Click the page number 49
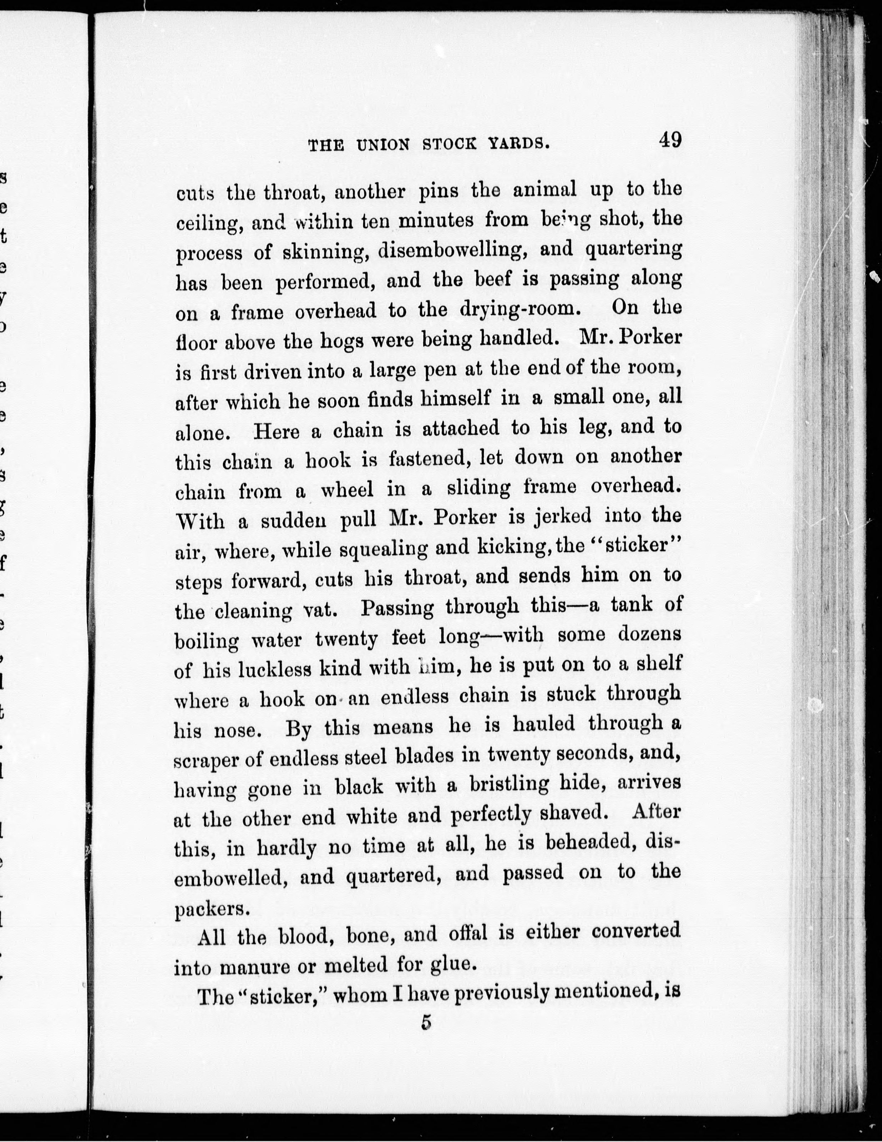click(670, 140)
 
